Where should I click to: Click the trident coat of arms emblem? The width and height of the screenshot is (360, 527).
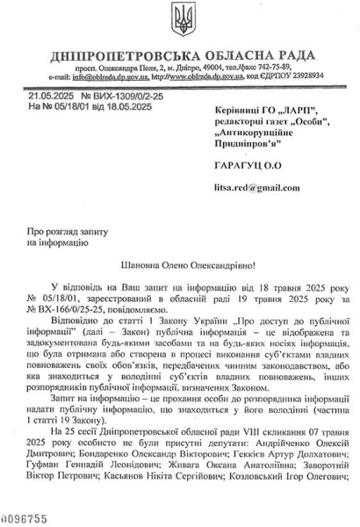click(x=180, y=24)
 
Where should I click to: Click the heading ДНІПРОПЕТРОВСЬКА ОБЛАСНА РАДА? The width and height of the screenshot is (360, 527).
click(x=184, y=55)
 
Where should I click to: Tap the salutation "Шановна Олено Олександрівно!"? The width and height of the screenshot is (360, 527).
click(x=181, y=263)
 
